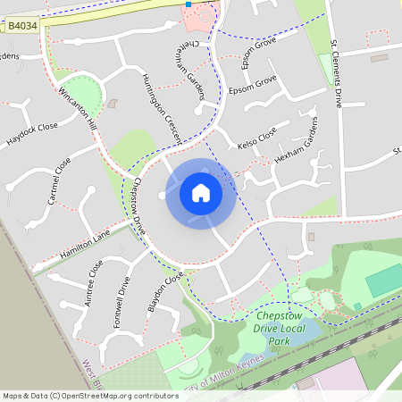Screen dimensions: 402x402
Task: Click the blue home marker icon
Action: (x=201, y=192)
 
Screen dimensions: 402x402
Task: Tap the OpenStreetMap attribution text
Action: (x=89, y=396)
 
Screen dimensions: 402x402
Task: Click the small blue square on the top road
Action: (x=188, y=4)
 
